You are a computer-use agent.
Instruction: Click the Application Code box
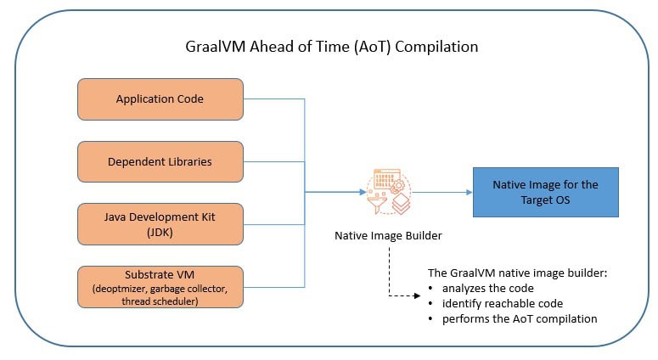click(x=160, y=99)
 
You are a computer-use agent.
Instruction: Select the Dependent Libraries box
click(x=160, y=161)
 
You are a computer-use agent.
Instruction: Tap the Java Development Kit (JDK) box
click(x=160, y=224)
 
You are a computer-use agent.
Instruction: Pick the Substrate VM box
click(x=160, y=287)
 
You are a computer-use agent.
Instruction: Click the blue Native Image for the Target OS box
click(x=546, y=192)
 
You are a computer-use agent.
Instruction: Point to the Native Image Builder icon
click(x=389, y=192)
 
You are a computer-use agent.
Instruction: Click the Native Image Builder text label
click(x=388, y=236)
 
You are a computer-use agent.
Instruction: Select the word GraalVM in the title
click(x=216, y=47)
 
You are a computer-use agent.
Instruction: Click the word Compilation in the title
click(x=436, y=47)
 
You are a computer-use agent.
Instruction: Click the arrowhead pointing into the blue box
click(x=470, y=192)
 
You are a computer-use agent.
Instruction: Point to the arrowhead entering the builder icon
click(x=363, y=192)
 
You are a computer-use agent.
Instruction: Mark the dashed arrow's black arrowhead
click(x=417, y=295)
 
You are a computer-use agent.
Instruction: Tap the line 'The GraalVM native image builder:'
click(x=517, y=273)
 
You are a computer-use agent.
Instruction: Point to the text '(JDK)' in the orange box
click(x=160, y=232)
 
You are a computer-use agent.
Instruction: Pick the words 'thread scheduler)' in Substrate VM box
click(x=160, y=301)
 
